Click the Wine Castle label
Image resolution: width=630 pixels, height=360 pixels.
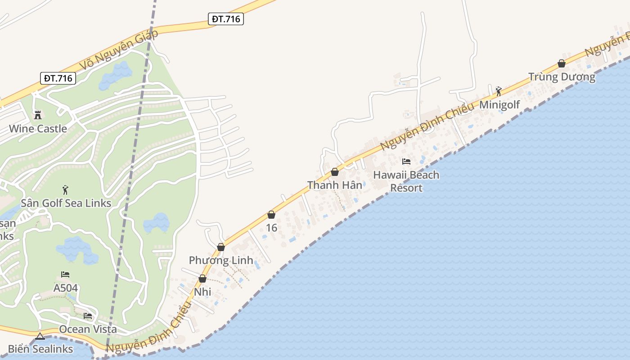pyautogui.click(x=38, y=129)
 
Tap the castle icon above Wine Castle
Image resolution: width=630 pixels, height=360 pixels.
pyautogui.click(x=38, y=115)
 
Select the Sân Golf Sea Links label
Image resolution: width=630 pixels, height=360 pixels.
pyautogui.click(x=66, y=203)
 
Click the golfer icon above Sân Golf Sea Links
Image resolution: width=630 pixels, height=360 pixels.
pyautogui.click(x=66, y=190)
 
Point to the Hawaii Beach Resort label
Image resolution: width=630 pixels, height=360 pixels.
pyautogui.click(x=406, y=181)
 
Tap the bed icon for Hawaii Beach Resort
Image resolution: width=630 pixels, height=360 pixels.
pyautogui.click(x=406, y=161)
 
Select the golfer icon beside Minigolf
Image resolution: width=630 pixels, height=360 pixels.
pyautogui.click(x=499, y=91)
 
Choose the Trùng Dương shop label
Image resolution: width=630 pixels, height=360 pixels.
pyautogui.click(x=562, y=77)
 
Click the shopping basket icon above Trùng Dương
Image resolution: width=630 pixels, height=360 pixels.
pyautogui.click(x=562, y=63)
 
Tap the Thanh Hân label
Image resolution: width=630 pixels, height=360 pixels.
pyautogui.click(x=334, y=185)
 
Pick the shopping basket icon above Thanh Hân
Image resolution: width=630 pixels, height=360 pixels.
pyautogui.click(x=335, y=172)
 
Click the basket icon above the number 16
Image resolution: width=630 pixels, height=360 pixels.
pyautogui.click(x=271, y=215)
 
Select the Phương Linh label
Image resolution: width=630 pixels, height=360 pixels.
pyautogui.click(x=221, y=260)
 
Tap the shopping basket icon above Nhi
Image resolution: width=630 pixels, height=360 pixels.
pyautogui.click(x=202, y=279)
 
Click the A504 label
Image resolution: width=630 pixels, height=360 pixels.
pyautogui.click(x=66, y=288)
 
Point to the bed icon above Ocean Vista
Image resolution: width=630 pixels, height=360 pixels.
pyautogui.click(x=88, y=316)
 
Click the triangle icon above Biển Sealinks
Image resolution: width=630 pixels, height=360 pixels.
pyautogui.click(x=40, y=336)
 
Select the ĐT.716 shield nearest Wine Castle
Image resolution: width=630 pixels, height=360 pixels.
pyautogui.click(x=58, y=78)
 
